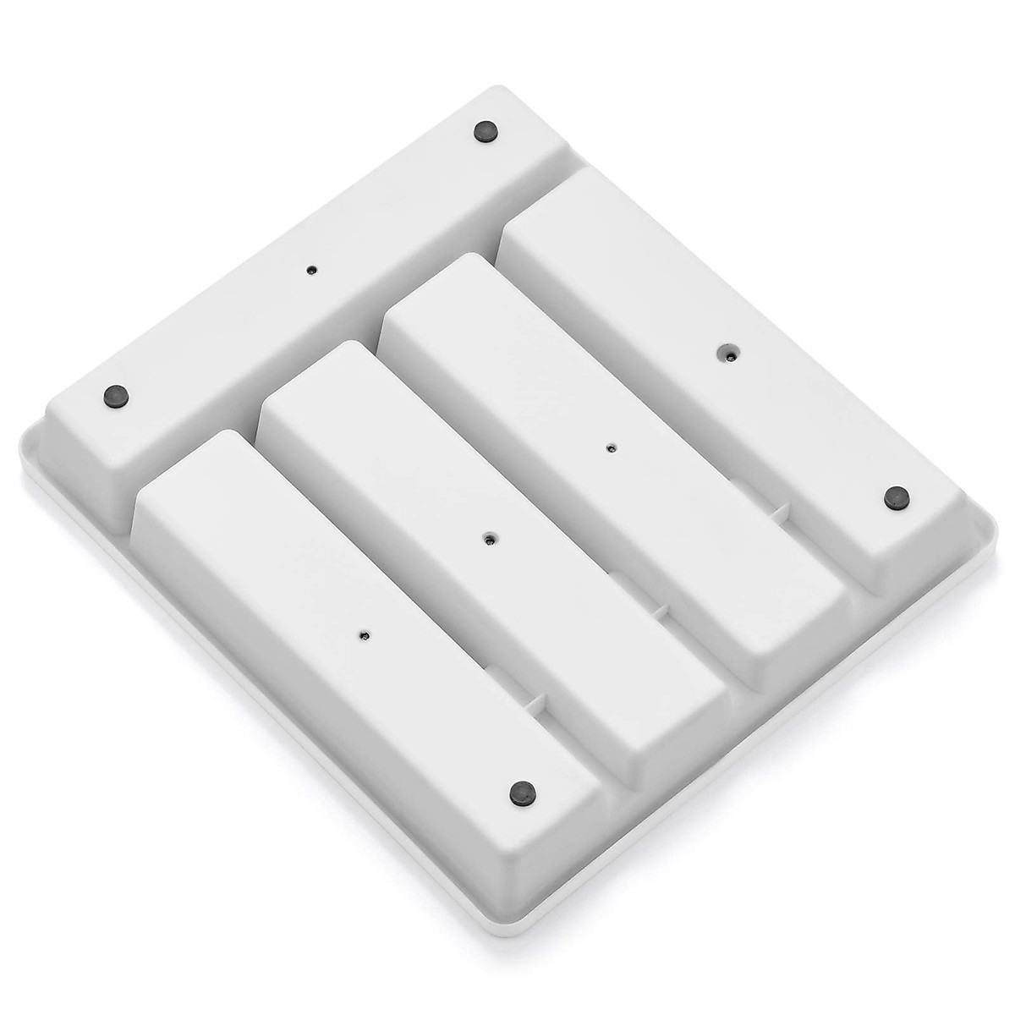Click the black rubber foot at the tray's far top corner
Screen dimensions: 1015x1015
click(486, 130)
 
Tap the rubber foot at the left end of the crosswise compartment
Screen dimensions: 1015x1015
click(114, 394)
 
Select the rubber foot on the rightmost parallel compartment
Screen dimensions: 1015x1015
click(894, 499)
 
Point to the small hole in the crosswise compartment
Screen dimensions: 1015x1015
click(311, 270)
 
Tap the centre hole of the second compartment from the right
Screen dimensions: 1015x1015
click(611, 448)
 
